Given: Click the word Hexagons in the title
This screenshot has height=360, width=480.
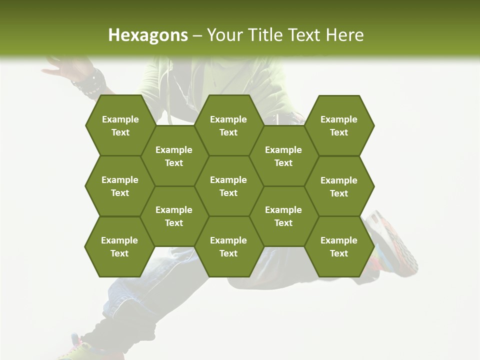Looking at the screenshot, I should click(148, 35).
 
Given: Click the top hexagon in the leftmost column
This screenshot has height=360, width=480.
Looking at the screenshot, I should click(120, 125).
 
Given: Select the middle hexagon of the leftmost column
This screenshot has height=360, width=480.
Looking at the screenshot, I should click(120, 186).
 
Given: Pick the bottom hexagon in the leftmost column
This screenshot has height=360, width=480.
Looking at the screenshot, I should click(119, 246).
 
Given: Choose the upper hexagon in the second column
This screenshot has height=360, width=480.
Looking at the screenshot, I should click(174, 156).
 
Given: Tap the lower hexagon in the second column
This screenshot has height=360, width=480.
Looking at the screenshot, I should click(174, 216).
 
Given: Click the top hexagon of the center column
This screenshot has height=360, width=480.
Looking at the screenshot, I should click(228, 125).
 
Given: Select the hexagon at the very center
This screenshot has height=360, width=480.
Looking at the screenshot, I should click(228, 186).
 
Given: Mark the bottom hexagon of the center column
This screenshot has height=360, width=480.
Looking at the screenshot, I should click(228, 246).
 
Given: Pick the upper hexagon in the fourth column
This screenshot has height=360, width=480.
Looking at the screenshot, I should click(283, 156).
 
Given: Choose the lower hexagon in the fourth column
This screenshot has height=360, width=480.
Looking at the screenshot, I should click(283, 216).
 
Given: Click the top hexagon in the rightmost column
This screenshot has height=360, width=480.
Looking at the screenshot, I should click(339, 125).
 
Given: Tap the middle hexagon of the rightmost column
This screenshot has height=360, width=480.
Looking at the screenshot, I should click(339, 186).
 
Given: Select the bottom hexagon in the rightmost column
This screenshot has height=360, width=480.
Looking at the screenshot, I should click(339, 246).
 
